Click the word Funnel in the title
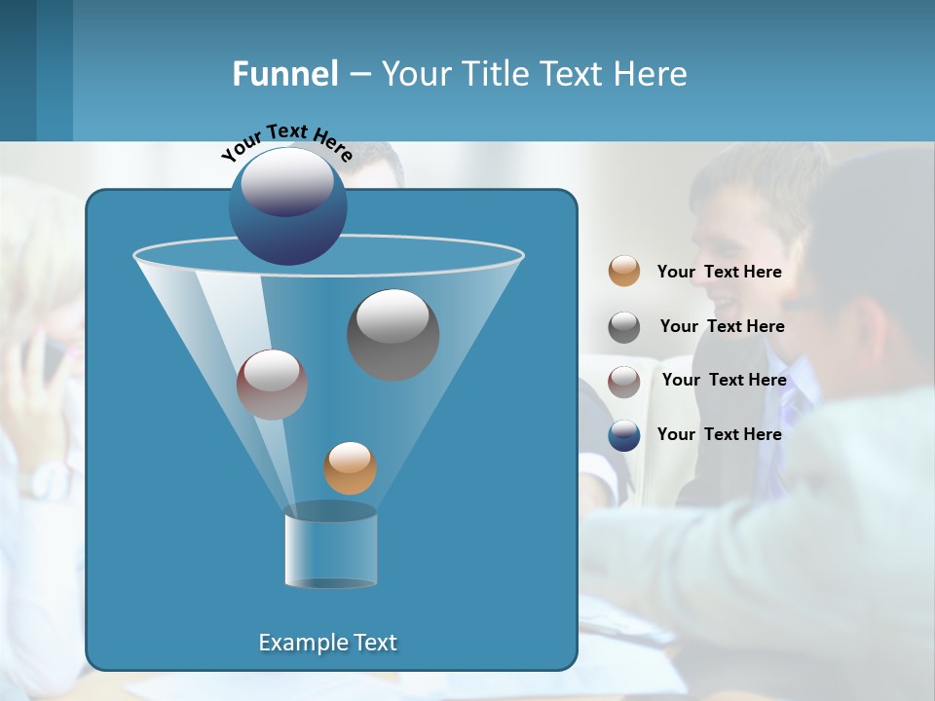pyautogui.click(x=284, y=74)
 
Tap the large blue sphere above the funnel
pyautogui.click(x=287, y=205)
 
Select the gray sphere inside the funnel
pyautogui.click(x=393, y=334)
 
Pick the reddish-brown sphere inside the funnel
pyautogui.click(x=272, y=385)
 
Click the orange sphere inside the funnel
pyautogui.click(x=350, y=468)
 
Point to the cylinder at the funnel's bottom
pyautogui.click(x=330, y=548)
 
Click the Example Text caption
pyautogui.click(x=327, y=643)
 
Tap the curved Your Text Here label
pyautogui.click(x=286, y=141)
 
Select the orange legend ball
pyautogui.click(x=624, y=272)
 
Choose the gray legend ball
pyautogui.click(x=624, y=327)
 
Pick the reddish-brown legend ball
pyautogui.click(x=624, y=382)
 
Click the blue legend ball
pyautogui.click(x=624, y=435)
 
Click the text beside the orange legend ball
pyautogui.click(x=719, y=273)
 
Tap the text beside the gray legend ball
pyautogui.click(x=722, y=327)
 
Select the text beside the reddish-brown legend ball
pyautogui.click(x=724, y=381)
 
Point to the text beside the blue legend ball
pyautogui.click(x=719, y=435)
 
